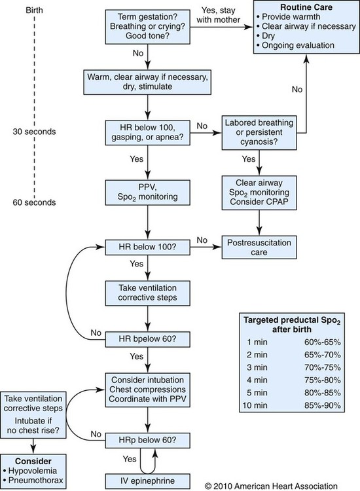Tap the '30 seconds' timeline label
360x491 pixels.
click(x=35, y=132)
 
